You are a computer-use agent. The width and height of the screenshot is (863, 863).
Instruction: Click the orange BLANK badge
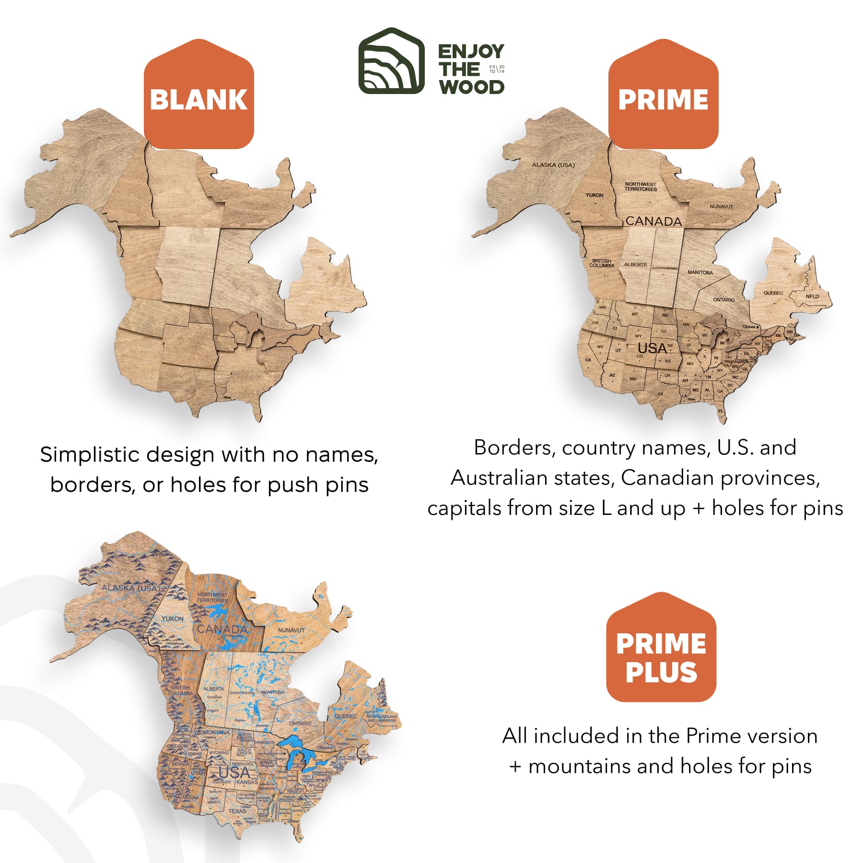(198, 99)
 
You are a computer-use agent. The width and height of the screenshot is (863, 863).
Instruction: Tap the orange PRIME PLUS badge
(661, 657)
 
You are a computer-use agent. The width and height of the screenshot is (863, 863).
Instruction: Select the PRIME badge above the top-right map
(663, 99)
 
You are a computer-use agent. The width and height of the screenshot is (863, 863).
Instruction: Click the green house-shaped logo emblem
(391, 61)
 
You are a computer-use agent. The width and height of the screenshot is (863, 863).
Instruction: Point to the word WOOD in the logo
(472, 87)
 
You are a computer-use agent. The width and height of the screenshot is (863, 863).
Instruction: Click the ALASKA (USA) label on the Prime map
(553, 165)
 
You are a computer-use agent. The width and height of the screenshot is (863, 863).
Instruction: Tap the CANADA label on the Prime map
(653, 221)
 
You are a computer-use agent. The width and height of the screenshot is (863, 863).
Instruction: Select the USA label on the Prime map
(652, 348)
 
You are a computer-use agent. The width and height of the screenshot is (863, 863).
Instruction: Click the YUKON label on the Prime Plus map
(172, 618)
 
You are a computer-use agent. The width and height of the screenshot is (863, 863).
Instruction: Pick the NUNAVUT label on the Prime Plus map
(291, 630)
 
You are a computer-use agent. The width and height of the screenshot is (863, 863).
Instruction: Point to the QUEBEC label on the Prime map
(773, 293)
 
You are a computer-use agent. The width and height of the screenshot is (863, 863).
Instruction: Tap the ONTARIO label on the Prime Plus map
(300, 723)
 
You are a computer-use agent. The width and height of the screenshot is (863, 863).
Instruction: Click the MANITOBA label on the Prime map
(700, 272)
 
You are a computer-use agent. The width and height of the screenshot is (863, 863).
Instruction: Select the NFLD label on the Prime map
(812, 296)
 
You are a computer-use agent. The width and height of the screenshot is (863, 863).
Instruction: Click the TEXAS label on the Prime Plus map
(237, 811)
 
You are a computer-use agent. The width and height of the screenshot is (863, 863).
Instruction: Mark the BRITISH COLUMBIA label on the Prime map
(602, 263)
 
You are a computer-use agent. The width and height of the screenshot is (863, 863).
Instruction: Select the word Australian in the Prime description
(508, 478)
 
